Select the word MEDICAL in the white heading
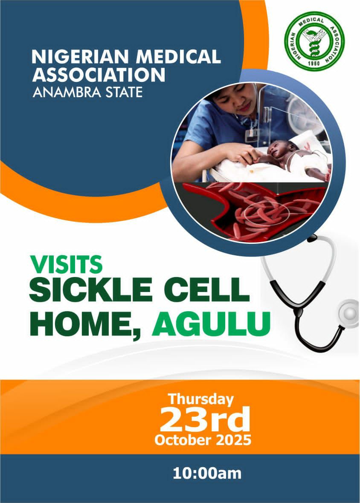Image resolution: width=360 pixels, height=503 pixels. pyautogui.click(x=178, y=57)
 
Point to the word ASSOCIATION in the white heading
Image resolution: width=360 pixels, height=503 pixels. pyautogui.click(x=99, y=75)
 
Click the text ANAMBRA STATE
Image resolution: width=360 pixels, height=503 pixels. pyautogui.click(x=87, y=93)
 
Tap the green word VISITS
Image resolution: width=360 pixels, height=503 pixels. pyautogui.click(x=67, y=264)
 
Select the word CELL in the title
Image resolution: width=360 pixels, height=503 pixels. pyautogui.click(x=206, y=289)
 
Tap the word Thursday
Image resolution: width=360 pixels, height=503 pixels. pyautogui.click(x=201, y=399)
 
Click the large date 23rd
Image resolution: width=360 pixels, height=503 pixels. pyautogui.click(x=205, y=419)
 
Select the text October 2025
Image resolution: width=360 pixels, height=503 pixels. pyautogui.click(x=203, y=440)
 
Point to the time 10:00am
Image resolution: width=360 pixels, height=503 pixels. pyautogui.click(x=207, y=474)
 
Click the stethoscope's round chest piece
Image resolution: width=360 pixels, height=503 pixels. pyautogui.click(x=348, y=313)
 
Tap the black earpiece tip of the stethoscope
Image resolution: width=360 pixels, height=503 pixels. pyautogui.click(x=312, y=238)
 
